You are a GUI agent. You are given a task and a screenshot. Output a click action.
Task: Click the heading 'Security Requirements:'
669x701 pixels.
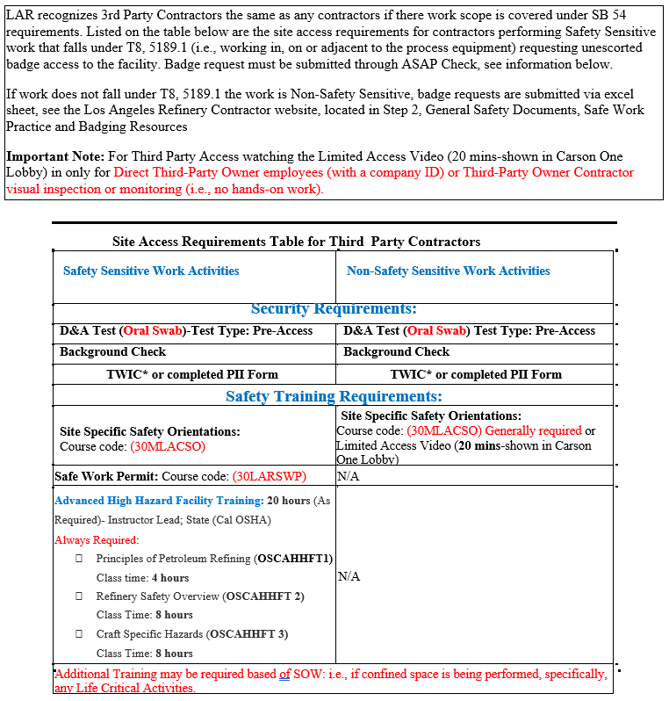(334, 309)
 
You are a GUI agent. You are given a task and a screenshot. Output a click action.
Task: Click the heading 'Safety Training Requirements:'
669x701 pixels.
(334, 396)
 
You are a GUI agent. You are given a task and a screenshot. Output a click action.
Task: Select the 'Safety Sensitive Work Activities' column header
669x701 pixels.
(151, 271)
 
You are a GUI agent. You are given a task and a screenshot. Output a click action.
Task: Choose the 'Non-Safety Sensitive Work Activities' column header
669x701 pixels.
(449, 271)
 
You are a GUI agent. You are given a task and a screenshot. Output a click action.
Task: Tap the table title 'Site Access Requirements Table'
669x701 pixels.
(296, 242)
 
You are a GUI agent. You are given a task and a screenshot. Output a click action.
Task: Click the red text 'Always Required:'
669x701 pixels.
(97, 540)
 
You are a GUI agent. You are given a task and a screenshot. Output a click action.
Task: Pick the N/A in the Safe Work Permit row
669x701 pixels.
(349, 477)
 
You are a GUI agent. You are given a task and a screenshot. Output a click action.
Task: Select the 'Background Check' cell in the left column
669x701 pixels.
(112, 352)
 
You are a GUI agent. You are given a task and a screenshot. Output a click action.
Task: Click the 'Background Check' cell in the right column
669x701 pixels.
(396, 352)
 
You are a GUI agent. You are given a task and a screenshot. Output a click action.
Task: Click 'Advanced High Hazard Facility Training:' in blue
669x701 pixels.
(159, 501)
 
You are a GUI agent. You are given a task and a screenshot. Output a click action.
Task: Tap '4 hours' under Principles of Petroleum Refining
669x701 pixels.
(169, 578)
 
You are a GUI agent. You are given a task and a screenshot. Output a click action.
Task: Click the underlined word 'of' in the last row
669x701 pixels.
(285, 675)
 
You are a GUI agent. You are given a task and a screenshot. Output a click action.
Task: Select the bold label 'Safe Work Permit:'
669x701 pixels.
(106, 477)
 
